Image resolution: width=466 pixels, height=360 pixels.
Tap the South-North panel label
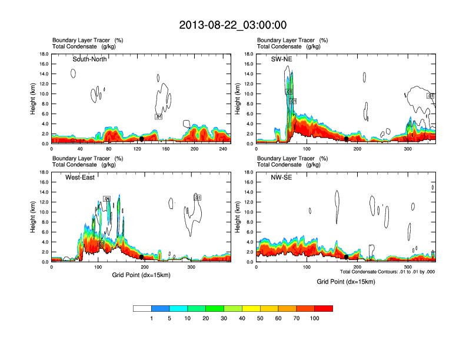pos(89,59)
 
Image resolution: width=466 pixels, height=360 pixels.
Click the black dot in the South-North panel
pos(141,139)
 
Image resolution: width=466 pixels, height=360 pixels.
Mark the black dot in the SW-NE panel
pos(347,139)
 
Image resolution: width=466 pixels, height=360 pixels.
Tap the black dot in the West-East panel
pos(142,257)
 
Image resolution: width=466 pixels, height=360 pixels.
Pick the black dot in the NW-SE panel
pos(347,257)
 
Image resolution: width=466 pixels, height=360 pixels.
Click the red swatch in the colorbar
pos(324,308)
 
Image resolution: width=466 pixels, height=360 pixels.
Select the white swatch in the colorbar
pos(142,308)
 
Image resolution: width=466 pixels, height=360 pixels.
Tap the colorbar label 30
pos(224,318)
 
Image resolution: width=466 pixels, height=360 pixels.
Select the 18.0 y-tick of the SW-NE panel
pos(250,54)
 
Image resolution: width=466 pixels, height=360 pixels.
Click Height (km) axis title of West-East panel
pos(33,217)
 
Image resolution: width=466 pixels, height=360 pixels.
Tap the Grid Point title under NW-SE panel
pos(345,282)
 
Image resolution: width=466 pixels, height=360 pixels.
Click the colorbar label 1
pos(152,318)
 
